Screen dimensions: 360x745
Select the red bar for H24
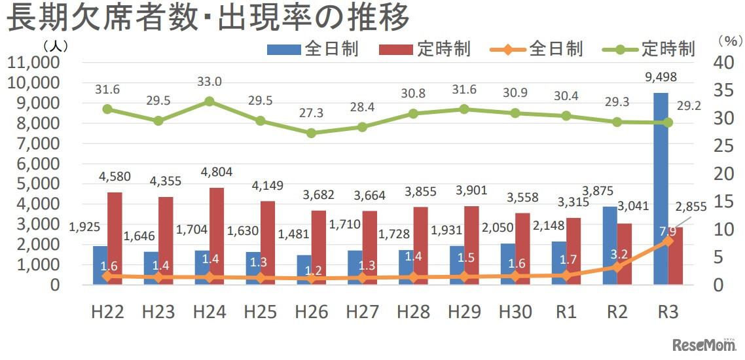click(217, 236)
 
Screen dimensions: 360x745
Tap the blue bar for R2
click(609, 245)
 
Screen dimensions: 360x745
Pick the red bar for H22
click(115, 238)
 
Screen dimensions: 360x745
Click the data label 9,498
click(660, 77)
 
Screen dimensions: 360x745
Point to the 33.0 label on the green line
click(209, 82)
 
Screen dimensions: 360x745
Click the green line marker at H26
click(311, 133)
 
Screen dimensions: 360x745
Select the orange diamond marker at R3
click(668, 241)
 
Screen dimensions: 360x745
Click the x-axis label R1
click(566, 312)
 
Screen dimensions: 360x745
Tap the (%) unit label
click(727, 41)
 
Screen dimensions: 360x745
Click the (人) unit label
click(55, 46)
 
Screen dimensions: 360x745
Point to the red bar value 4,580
click(115, 177)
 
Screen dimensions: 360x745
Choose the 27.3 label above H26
click(311, 113)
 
